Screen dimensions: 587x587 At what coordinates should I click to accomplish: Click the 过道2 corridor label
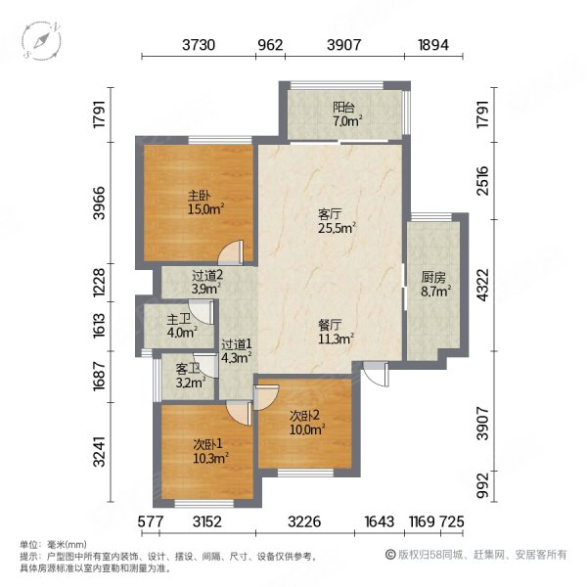click(x=206, y=276)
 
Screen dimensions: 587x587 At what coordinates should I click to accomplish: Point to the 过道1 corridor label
click(x=236, y=344)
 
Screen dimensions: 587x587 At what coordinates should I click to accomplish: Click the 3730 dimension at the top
click(x=200, y=45)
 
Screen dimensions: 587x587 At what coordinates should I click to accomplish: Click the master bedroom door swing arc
click(x=229, y=252)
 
